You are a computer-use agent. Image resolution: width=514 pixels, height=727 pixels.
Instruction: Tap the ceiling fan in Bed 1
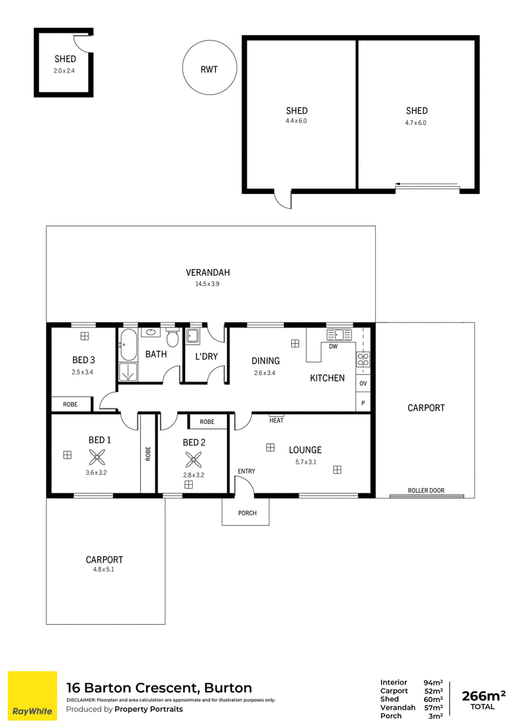(x=97, y=459)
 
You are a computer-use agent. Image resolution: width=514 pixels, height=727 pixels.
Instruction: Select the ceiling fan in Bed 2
(x=193, y=459)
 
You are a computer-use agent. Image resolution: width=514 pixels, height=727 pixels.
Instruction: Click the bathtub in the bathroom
(x=128, y=344)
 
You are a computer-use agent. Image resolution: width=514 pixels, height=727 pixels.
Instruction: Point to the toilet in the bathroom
(x=173, y=338)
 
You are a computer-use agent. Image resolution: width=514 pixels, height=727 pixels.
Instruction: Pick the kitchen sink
(x=339, y=334)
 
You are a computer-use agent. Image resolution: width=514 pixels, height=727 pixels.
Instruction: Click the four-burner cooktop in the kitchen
(x=363, y=360)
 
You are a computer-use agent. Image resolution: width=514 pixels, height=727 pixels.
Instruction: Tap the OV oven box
(x=363, y=383)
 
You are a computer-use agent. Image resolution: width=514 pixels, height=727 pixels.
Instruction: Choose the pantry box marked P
(x=363, y=403)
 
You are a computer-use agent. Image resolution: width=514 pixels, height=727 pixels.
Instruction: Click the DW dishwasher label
(x=333, y=346)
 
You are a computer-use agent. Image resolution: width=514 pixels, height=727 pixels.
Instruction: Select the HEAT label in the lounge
(x=276, y=420)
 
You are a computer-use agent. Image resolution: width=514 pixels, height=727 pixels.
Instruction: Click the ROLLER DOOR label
(x=426, y=490)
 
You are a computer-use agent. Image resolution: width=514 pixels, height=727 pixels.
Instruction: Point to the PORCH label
(x=247, y=512)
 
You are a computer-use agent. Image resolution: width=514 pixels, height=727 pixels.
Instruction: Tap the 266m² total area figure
(x=483, y=696)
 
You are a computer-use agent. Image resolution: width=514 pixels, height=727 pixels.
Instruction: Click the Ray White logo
(x=33, y=696)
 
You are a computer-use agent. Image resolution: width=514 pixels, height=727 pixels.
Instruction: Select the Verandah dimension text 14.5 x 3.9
(x=208, y=284)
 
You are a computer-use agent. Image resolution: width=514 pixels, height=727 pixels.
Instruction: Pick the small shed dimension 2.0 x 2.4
(x=64, y=71)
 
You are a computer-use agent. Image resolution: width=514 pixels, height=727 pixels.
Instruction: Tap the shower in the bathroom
(x=128, y=372)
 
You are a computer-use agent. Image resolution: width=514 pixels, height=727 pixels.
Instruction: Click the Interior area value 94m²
(x=433, y=683)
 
